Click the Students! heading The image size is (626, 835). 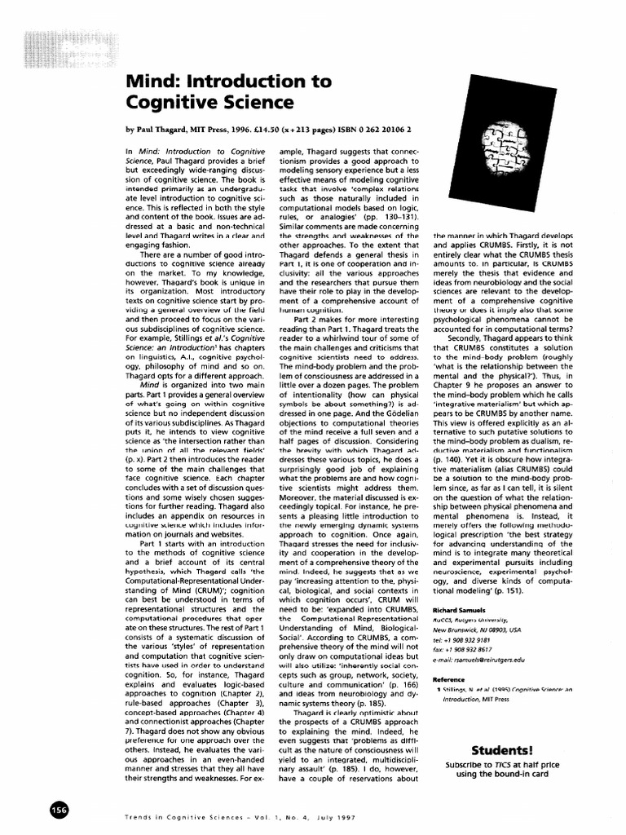point(501,750)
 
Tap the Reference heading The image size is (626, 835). point(449,678)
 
